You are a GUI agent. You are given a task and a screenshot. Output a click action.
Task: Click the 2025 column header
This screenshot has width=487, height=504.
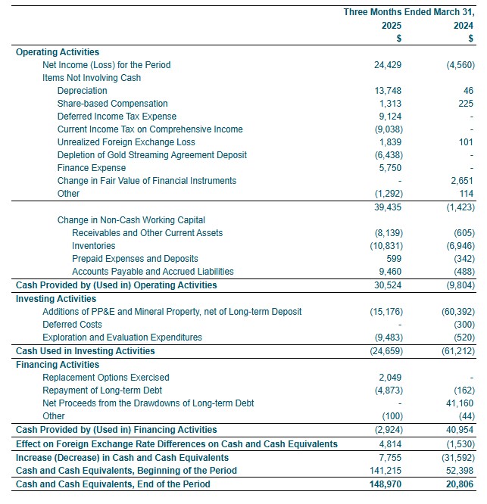click(x=391, y=26)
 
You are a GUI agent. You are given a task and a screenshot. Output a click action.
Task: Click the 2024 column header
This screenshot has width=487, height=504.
click(x=463, y=26)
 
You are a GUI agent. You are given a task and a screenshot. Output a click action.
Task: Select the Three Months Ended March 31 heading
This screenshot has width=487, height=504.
click(x=408, y=12)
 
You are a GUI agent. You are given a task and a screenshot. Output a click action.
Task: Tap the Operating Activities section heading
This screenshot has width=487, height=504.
click(x=58, y=52)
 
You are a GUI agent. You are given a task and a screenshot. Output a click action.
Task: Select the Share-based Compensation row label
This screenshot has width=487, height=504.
click(x=112, y=104)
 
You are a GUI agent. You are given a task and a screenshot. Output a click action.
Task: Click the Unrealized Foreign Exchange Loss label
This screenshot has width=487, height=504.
click(x=126, y=142)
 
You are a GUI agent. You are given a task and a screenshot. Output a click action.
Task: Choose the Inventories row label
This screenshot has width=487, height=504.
click(x=94, y=246)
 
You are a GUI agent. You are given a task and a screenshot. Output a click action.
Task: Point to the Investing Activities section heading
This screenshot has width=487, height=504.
click(x=56, y=299)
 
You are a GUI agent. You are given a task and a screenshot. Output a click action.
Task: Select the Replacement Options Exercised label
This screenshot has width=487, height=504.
click(x=106, y=378)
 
